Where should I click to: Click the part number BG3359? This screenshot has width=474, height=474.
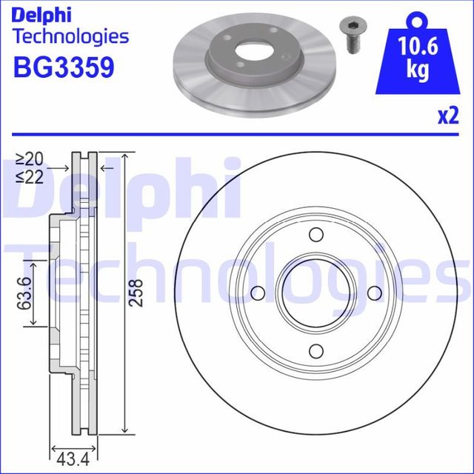coord(64,68)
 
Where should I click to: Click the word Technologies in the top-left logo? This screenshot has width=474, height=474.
coord(71,36)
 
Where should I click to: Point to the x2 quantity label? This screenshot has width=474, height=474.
coord(448,116)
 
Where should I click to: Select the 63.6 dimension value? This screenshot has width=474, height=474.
coord(24,293)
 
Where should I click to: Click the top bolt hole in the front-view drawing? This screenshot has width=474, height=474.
coord(316,236)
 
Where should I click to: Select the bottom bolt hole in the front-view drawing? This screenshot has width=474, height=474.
coord(316,350)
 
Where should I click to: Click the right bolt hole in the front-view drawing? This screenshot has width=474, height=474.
coord(374,293)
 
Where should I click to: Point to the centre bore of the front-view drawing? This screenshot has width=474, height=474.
coord(316,293)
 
